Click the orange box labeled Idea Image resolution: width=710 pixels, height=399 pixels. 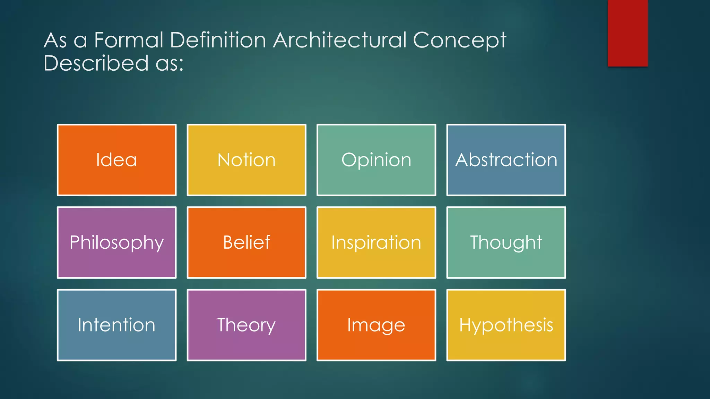coord(116,160)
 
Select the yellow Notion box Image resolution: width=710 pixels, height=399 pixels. coord(246,160)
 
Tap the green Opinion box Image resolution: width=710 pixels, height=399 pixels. coord(376,160)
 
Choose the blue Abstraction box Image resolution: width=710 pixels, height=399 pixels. coord(506,160)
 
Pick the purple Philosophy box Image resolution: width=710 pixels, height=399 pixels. coord(116,242)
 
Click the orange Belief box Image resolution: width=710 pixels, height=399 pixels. coord(246,242)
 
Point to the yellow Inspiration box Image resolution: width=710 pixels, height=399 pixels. coord(376,242)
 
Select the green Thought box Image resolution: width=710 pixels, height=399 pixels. coord(506,242)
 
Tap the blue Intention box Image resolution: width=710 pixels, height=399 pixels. coord(116,325)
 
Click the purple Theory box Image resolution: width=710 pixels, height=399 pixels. coord(246,325)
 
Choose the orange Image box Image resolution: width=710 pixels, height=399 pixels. coord(376,325)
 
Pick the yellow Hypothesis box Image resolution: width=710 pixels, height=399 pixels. coord(506,325)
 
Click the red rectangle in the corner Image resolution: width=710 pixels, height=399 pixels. coord(627,33)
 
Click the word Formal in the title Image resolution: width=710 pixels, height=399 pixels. coord(129,40)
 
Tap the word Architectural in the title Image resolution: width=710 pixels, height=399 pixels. coord(340,40)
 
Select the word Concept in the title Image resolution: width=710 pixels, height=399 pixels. coord(460,41)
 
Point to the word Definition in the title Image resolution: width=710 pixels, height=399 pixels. coord(218,40)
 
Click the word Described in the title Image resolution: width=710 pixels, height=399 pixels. coord(96,63)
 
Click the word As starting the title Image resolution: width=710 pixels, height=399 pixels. coord(55,40)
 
